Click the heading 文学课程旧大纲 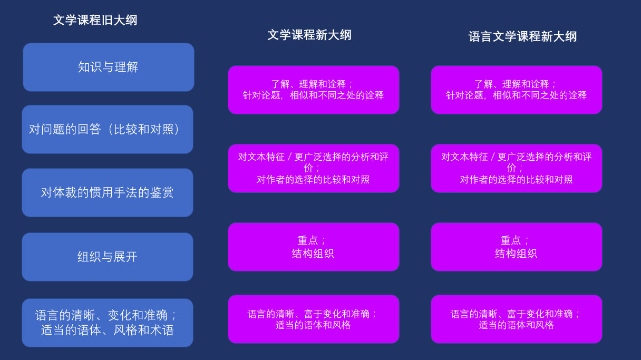tap(95, 21)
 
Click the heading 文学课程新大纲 tap(309, 35)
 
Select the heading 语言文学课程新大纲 tap(522, 36)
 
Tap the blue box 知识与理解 tap(109, 67)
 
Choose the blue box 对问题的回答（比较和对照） tap(108, 129)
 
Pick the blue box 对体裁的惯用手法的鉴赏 tap(108, 192)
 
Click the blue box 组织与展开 tap(108, 257)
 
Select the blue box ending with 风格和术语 tap(108, 323)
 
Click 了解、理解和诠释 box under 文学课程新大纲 tap(314, 90)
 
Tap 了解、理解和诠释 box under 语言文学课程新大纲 tap(517, 90)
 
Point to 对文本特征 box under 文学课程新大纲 tap(314, 169)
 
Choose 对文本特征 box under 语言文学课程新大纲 tap(517, 169)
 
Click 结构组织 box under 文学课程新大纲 tap(314, 247)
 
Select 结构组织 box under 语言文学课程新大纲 tap(517, 247)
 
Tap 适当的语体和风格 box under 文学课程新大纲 tap(314, 319)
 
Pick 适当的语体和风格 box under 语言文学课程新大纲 tap(517, 319)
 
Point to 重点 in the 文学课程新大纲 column tap(308, 240)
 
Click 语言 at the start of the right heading tap(480, 36)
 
